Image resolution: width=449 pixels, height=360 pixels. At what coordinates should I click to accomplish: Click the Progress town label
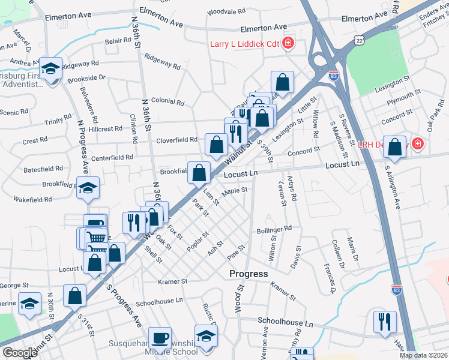click(x=249, y=274)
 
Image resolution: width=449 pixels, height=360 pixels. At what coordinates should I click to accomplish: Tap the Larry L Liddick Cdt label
click(x=244, y=43)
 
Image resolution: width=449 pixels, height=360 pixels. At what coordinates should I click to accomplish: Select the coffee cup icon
click(x=160, y=337)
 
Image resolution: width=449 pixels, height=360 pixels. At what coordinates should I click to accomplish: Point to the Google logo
click(x=19, y=353)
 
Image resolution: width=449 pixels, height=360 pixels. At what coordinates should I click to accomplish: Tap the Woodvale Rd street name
click(x=226, y=11)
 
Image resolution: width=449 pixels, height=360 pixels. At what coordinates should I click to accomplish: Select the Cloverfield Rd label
click(x=177, y=140)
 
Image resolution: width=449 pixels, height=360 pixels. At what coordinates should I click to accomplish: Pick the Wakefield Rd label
click(x=32, y=199)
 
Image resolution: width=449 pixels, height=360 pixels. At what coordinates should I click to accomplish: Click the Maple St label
click(x=235, y=191)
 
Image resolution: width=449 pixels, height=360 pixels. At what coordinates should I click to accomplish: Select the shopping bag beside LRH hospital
click(x=395, y=146)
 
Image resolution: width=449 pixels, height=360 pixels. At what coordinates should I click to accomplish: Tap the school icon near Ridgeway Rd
click(x=51, y=68)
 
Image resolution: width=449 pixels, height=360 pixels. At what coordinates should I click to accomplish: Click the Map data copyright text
click(x=424, y=355)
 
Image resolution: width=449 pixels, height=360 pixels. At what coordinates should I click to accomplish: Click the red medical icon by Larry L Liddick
click(x=288, y=43)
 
